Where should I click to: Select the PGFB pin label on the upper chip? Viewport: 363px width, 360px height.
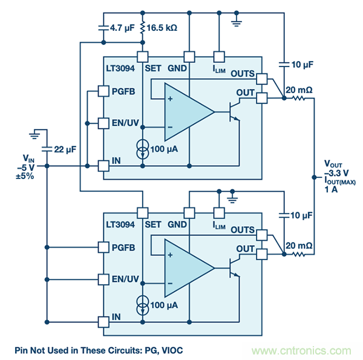click(124, 92)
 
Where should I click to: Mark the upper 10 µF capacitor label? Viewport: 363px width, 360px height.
click(302, 64)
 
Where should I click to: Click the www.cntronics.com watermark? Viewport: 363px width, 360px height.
click(301, 351)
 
